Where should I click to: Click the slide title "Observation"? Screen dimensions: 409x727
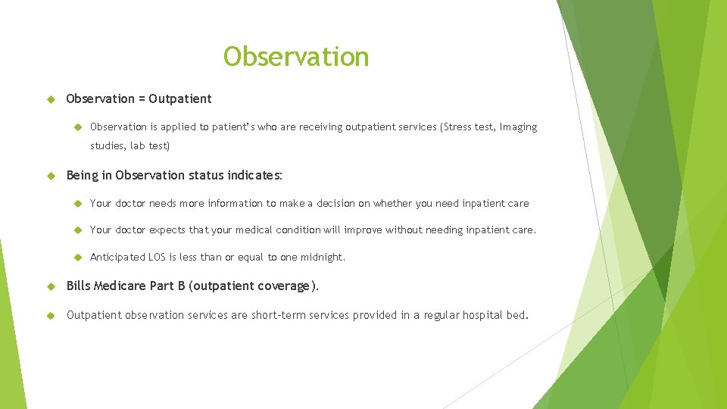tap(296, 57)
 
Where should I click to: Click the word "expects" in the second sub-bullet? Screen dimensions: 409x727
tap(167, 229)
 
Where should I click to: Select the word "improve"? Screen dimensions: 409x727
tap(364, 229)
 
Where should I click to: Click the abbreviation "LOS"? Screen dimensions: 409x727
tap(157, 257)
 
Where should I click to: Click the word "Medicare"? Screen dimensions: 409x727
tap(123, 286)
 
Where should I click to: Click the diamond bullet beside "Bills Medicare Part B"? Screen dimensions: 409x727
tap(51, 286)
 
